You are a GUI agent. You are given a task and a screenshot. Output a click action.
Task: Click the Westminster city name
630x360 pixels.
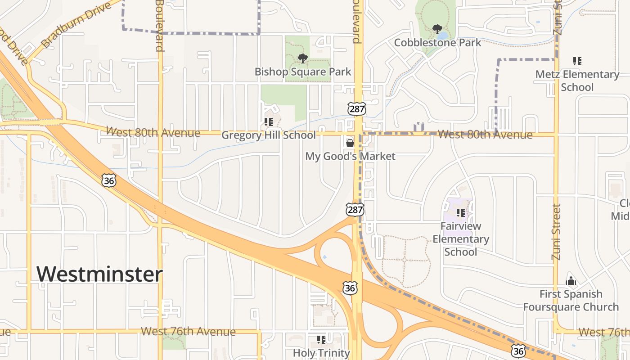[99, 274]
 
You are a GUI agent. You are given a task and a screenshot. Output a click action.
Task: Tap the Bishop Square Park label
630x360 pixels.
[303, 72]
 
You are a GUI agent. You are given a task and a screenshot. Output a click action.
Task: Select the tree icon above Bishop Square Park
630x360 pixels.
[303, 58]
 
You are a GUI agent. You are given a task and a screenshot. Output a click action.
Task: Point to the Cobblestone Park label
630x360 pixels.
[437, 43]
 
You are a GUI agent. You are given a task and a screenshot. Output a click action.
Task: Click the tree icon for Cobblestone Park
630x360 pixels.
[437, 30]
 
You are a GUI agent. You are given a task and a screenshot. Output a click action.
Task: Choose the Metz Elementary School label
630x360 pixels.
[577, 81]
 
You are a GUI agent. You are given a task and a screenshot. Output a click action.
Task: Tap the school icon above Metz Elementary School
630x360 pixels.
[577, 61]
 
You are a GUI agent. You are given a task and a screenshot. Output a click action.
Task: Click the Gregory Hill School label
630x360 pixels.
[269, 135]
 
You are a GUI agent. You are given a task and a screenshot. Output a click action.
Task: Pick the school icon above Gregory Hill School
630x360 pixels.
[269, 121]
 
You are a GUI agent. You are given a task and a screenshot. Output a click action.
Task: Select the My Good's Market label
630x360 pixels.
[350, 156]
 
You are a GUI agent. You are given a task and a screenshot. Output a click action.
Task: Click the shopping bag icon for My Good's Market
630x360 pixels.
[350, 143]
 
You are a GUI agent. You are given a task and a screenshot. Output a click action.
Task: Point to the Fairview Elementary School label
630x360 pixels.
[460, 239]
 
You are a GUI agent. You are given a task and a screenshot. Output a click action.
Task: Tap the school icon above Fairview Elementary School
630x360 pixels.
[460, 212]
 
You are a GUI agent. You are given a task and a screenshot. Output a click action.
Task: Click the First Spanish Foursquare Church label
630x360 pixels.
[571, 301]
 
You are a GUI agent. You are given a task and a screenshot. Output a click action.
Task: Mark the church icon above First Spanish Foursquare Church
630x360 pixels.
[571, 281]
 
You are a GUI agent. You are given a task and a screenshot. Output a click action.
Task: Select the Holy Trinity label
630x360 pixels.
[321, 353]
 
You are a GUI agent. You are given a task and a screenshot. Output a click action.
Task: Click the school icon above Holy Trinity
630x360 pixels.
[321, 339]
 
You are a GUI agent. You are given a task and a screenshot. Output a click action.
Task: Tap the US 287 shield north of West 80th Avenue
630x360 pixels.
[356, 108]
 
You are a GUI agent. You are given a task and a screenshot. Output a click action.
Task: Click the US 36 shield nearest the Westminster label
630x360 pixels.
[109, 180]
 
